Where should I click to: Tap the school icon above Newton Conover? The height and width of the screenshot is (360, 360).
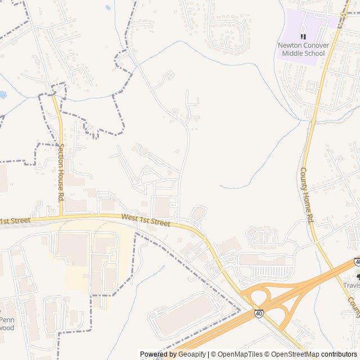coord(303,37)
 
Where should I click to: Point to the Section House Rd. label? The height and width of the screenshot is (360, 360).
coord(61,172)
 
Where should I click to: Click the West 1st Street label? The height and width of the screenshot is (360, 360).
coord(145,220)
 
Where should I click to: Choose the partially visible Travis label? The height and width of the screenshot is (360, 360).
coord(352,285)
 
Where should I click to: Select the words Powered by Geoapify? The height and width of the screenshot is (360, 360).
coord(173,354)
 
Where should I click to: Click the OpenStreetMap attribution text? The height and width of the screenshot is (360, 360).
coord(292,354)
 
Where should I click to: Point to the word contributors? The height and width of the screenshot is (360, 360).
coord(339,354)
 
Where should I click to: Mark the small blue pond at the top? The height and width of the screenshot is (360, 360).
coord(108,8)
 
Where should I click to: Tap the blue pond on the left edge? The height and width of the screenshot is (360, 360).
coord(2,94)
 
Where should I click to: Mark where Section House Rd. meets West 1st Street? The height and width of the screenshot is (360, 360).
coord(61,215)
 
